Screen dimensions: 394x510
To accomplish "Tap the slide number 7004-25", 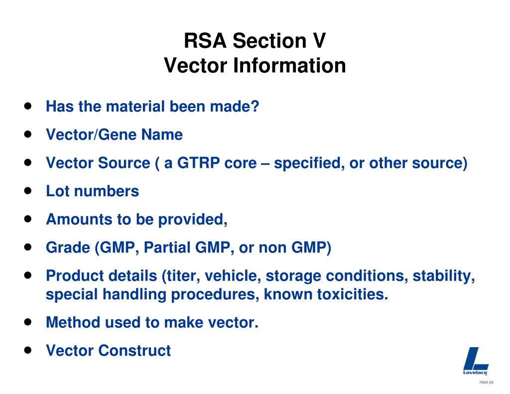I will [x=486, y=382].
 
